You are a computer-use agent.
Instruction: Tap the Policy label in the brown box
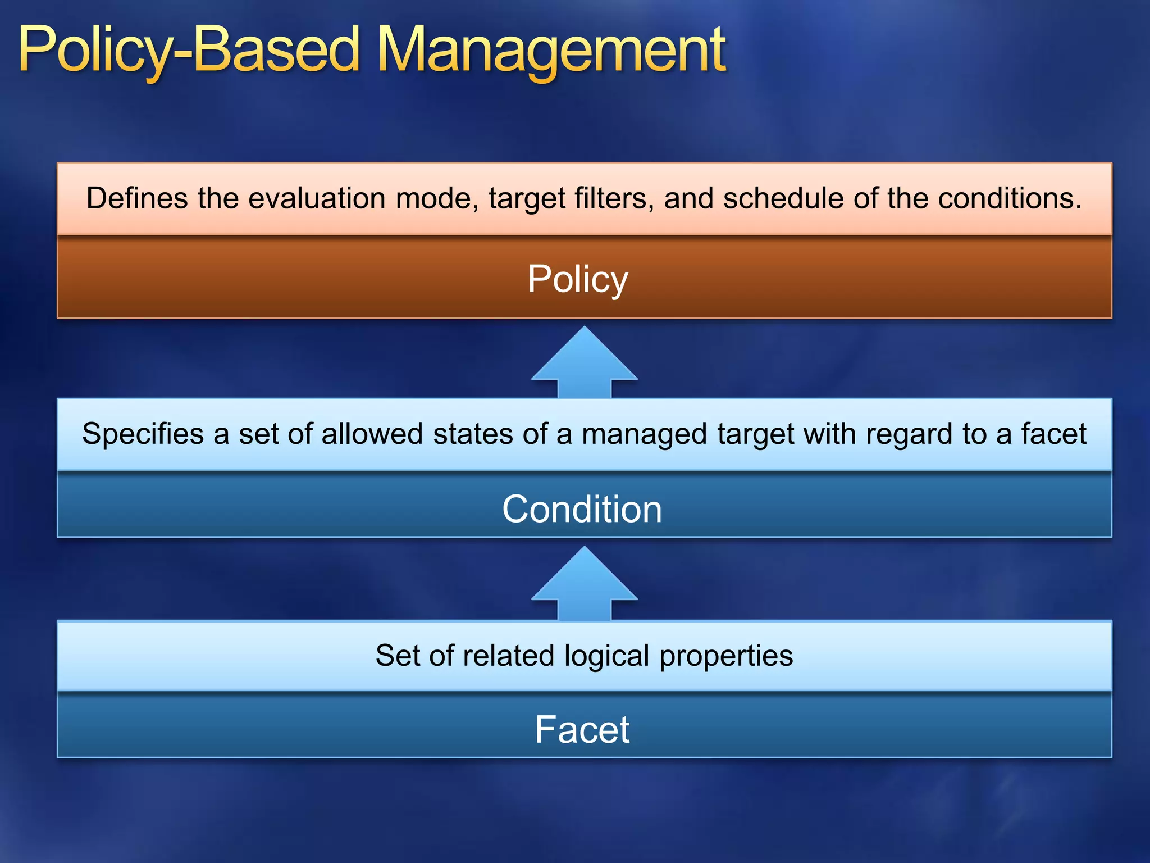[578, 279]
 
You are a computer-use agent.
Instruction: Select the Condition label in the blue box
[582, 509]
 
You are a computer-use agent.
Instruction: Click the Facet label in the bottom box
[582, 729]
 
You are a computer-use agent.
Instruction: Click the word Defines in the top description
[136, 198]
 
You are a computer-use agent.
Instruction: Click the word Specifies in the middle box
[143, 434]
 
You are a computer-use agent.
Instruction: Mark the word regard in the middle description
[909, 434]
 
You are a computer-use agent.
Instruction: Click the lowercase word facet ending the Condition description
[1053, 434]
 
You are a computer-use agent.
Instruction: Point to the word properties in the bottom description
[726, 656]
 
